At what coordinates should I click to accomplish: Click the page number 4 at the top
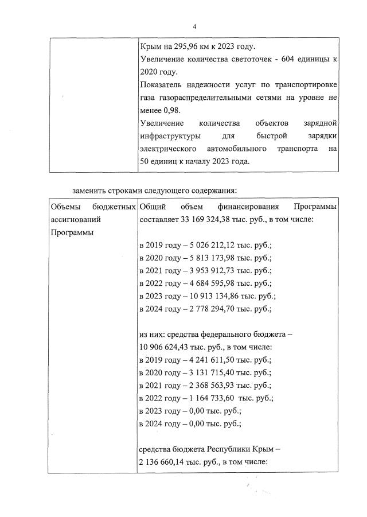click(x=194, y=26)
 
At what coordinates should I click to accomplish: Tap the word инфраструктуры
click(x=167, y=137)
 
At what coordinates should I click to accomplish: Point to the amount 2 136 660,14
click(x=166, y=461)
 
